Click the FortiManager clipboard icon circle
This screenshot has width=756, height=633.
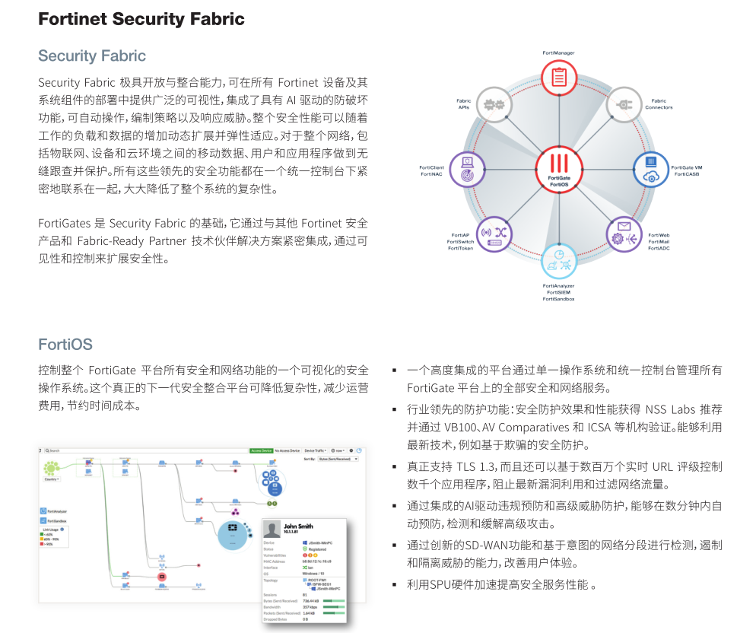559,77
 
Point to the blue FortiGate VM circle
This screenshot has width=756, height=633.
652,170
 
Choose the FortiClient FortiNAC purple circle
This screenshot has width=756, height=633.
467,170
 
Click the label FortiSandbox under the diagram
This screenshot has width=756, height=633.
559,299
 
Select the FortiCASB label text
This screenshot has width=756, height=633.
686,173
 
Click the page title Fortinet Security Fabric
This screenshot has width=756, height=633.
141,19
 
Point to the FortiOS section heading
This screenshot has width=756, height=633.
65,345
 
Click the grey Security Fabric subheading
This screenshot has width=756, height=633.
92,56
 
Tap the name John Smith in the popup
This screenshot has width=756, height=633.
297,526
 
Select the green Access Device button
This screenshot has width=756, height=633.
261,450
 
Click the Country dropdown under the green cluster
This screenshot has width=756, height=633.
52,479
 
